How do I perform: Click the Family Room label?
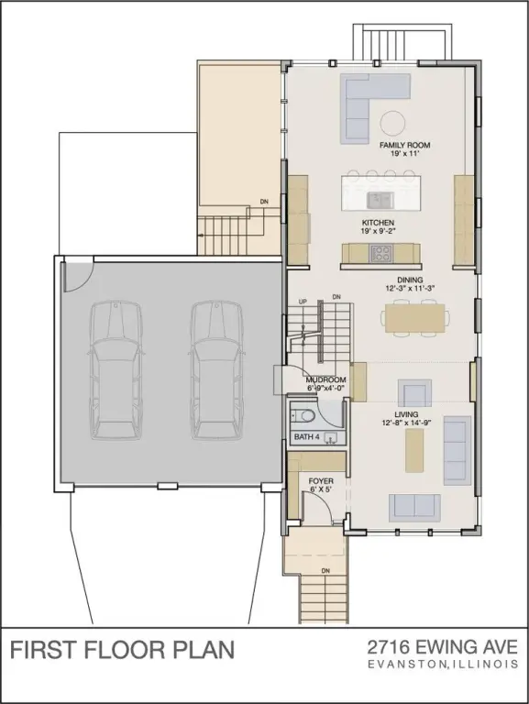[404, 146]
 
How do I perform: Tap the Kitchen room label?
[378, 224]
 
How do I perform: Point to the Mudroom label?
[325, 379]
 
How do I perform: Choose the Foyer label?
[320, 480]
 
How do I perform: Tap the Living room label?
[406, 415]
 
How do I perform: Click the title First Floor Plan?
[122, 650]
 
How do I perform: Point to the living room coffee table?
[415, 451]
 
